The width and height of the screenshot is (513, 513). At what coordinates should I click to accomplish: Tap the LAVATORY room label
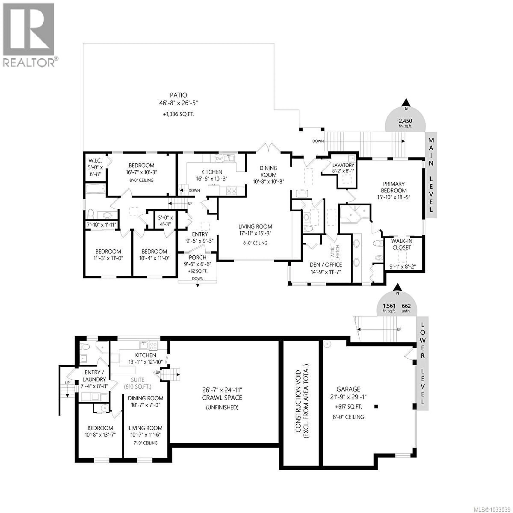[x=343, y=165]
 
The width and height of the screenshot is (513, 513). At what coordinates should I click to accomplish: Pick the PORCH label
[x=198, y=257]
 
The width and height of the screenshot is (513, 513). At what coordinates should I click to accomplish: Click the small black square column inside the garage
[x=376, y=406]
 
